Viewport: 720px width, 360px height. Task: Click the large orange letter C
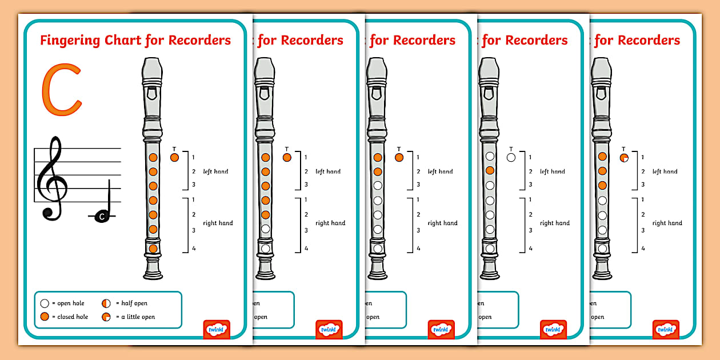point(61,90)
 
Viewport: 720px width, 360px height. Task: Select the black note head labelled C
point(102,216)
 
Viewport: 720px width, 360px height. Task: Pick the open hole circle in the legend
point(44,303)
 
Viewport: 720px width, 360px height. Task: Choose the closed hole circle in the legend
point(44,317)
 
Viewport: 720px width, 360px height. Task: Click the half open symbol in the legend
point(106,303)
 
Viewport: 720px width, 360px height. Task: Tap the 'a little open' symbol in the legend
point(106,317)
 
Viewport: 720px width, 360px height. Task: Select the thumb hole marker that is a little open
point(623,157)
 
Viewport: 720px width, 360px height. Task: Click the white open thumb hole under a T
point(511,157)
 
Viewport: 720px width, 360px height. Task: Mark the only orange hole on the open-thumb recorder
point(490,170)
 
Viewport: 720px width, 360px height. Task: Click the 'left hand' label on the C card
point(215,171)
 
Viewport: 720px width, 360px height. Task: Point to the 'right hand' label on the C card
point(218,223)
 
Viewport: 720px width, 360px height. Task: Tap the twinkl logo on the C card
point(217,329)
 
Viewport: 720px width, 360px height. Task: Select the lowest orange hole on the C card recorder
point(153,249)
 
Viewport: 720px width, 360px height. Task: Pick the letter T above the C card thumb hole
point(174,149)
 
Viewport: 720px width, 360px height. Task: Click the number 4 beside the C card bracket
point(194,249)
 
